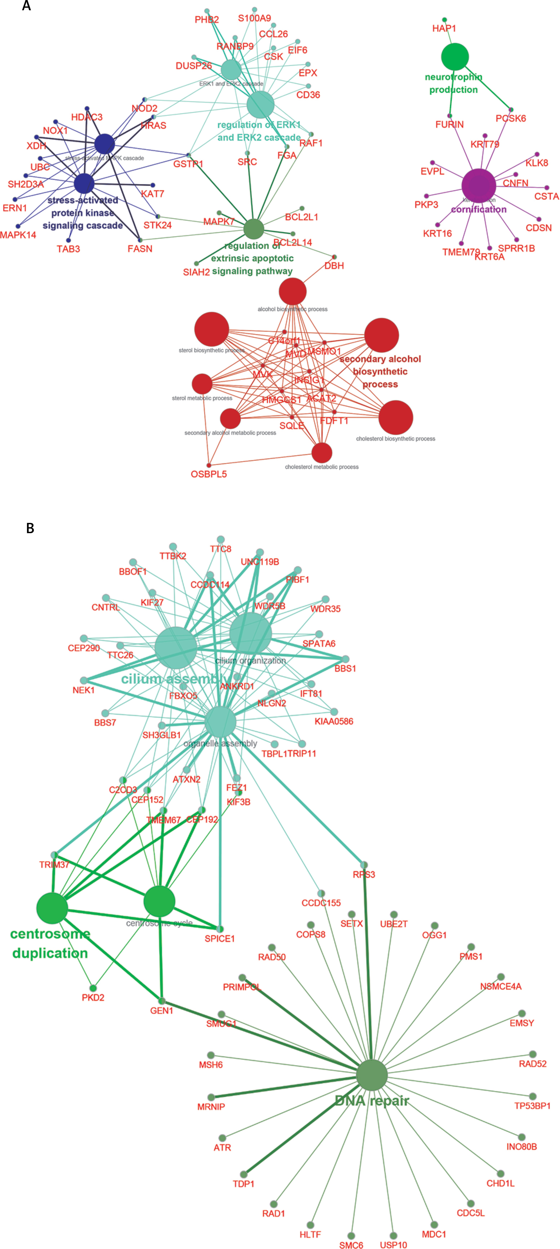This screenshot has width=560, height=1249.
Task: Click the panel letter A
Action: click(x=27, y=6)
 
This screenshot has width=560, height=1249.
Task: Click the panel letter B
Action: click(x=30, y=528)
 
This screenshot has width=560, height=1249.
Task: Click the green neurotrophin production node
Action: click(x=455, y=57)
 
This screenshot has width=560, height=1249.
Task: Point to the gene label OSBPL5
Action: click(x=209, y=474)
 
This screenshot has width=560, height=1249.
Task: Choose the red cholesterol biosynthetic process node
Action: click(x=395, y=417)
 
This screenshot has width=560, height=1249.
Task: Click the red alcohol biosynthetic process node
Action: click(x=293, y=291)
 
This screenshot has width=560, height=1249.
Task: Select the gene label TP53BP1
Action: click(x=532, y=1106)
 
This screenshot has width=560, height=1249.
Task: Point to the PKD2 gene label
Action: click(x=93, y=997)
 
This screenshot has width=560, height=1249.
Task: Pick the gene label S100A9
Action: click(x=254, y=18)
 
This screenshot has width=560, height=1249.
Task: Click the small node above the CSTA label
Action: click(x=547, y=188)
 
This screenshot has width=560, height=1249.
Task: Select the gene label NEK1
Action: click(x=83, y=690)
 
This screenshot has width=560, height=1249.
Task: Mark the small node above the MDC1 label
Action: click(x=434, y=1225)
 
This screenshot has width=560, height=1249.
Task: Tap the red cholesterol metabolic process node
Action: click(x=321, y=452)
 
